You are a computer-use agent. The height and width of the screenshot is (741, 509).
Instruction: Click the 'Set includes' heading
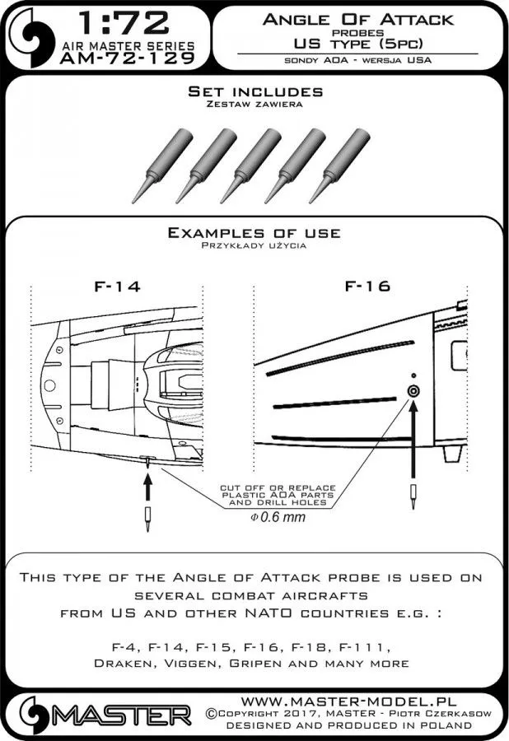click(x=254, y=91)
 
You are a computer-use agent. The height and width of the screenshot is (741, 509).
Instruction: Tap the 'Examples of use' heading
click(x=254, y=233)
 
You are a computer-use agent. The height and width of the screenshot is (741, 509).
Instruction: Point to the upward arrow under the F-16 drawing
click(x=413, y=445)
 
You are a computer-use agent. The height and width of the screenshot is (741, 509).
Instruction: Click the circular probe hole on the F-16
click(x=413, y=391)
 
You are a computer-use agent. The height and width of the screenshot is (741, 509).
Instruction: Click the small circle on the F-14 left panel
click(x=49, y=384)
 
